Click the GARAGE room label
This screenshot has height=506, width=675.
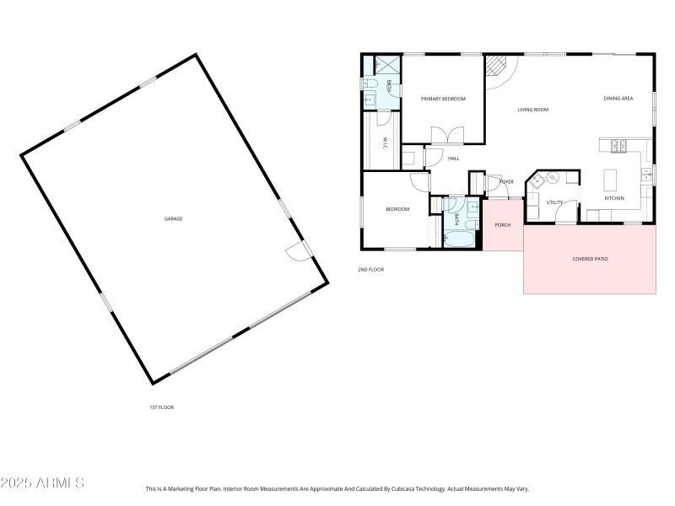click(x=173, y=218)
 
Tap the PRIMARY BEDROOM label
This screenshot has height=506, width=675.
click(x=443, y=99)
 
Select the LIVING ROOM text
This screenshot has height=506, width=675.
click(x=533, y=110)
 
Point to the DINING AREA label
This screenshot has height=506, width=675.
click(x=618, y=99)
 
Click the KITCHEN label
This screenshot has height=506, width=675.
click(x=614, y=198)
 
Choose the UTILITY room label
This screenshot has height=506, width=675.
click(x=554, y=202)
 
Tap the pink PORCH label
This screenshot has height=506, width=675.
click(x=503, y=225)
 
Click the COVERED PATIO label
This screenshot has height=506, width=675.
click(x=590, y=259)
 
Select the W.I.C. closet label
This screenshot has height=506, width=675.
click(x=385, y=143)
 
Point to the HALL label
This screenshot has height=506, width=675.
click(x=453, y=159)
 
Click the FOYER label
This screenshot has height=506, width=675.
click(x=506, y=181)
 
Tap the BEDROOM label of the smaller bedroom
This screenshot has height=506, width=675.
click(x=397, y=209)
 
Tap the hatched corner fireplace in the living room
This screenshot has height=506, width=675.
click(x=497, y=67)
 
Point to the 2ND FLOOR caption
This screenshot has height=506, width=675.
click(x=370, y=269)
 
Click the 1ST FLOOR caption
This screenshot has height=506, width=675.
click(x=161, y=407)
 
